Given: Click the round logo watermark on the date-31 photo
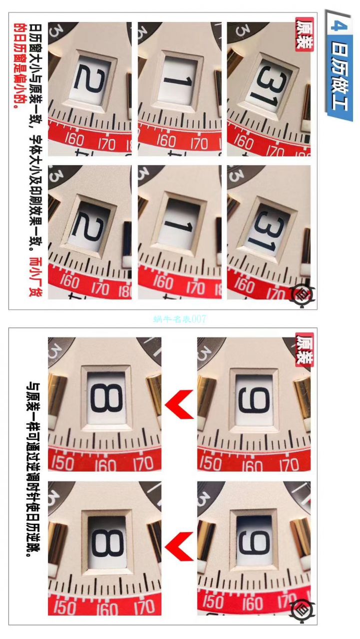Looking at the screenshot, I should click(303, 293).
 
